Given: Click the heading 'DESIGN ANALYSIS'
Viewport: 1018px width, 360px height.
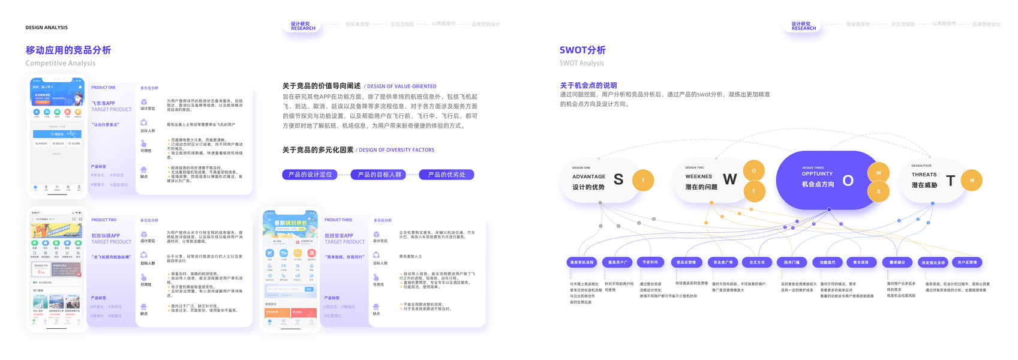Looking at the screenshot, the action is [x=46, y=28].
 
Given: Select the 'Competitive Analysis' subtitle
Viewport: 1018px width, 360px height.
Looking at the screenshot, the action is [x=60, y=63].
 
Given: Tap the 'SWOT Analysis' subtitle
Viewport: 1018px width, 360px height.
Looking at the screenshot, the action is [x=581, y=63].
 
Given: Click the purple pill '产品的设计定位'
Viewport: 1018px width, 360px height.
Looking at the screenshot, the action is [x=310, y=175].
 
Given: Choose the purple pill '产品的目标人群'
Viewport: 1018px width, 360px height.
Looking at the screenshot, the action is [x=379, y=175].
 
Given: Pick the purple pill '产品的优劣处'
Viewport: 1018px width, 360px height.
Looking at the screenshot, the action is [x=446, y=175].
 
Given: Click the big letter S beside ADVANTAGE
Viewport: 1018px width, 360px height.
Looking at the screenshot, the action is [x=618, y=179].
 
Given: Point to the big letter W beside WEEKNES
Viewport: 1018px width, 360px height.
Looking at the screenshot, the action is [x=729, y=179].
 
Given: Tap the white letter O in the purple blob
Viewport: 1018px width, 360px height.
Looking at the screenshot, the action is [x=848, y=181].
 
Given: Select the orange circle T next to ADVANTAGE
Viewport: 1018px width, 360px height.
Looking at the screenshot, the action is [x=643, y=180].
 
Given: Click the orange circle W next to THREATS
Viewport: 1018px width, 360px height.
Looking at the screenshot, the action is [x=972, y=180].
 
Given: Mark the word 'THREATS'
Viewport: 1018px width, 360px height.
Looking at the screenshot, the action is [x=924, y=175].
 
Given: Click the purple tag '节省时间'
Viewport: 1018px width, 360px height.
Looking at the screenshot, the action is [x=650, y=262].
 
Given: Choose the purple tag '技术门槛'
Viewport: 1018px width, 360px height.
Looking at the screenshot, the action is [x=792, y=262].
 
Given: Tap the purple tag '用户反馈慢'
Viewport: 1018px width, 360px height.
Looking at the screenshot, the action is [x=967, y=262].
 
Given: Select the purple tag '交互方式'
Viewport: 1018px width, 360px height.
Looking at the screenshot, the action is [x=757, y=262].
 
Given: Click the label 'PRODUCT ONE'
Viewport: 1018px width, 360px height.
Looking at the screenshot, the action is [x=103, y=88].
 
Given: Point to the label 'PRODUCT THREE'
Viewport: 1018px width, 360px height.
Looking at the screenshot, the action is [x=338, y=220].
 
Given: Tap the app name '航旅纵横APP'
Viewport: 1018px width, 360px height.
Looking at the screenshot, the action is [x=106, y=236].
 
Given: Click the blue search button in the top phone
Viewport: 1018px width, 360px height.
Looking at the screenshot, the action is [x=57, y=134].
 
